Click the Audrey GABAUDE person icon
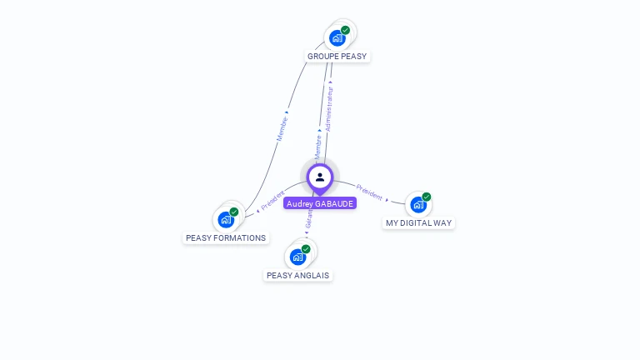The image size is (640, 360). [320, 177]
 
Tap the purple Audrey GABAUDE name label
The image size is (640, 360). [320, 203]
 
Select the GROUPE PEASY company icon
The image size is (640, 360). [337, 37]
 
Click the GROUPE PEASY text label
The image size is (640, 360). [337, 57]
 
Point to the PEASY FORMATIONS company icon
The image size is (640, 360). [225, 220]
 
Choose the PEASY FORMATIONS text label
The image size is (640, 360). [226, 238]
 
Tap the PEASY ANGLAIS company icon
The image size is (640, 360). [297, 257]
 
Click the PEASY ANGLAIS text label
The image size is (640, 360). [297, 276]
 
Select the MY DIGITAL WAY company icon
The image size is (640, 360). [417, 204]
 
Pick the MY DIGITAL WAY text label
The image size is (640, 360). [419, 223]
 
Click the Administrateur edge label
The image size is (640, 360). [329, 108]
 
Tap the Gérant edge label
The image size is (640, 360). [308, 219]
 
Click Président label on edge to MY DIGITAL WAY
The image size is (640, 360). [369, 192]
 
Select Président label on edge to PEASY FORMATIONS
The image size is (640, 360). [272, 200]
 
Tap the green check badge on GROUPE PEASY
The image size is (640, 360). [345, 30]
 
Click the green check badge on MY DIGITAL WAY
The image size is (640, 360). [427, 197]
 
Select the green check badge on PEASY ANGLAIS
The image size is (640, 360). [306, 249]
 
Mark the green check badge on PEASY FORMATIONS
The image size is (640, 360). [234, 212]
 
